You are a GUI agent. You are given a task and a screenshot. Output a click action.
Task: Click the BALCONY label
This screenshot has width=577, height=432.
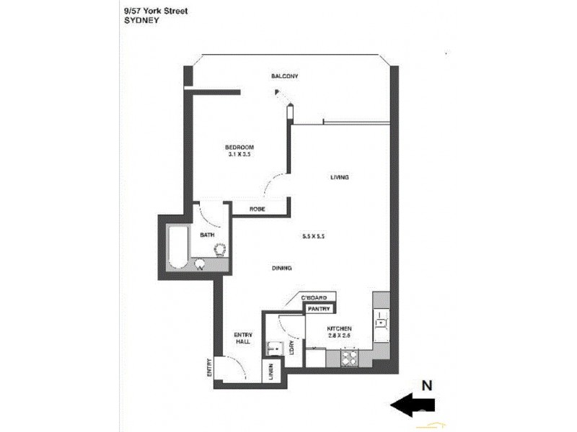point(284,77)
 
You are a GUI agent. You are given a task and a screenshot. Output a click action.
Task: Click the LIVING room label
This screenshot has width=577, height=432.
point(340,177)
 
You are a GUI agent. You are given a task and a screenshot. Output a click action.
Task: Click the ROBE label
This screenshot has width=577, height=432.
point(257,209)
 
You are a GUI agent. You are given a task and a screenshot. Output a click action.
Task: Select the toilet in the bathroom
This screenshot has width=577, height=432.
point(219,249)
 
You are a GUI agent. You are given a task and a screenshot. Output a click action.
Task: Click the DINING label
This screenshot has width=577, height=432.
point(281,269)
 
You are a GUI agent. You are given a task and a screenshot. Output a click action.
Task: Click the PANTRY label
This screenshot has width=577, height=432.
point(319,309)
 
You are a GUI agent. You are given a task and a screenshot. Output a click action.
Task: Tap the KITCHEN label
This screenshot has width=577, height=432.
point(339,328)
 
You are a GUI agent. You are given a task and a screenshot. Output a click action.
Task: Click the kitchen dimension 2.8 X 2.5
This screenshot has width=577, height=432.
point(339,335)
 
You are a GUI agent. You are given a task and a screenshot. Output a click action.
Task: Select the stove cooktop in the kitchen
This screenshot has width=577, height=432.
point(350,356)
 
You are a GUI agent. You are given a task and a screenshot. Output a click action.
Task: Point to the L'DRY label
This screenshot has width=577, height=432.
point(291,349)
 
